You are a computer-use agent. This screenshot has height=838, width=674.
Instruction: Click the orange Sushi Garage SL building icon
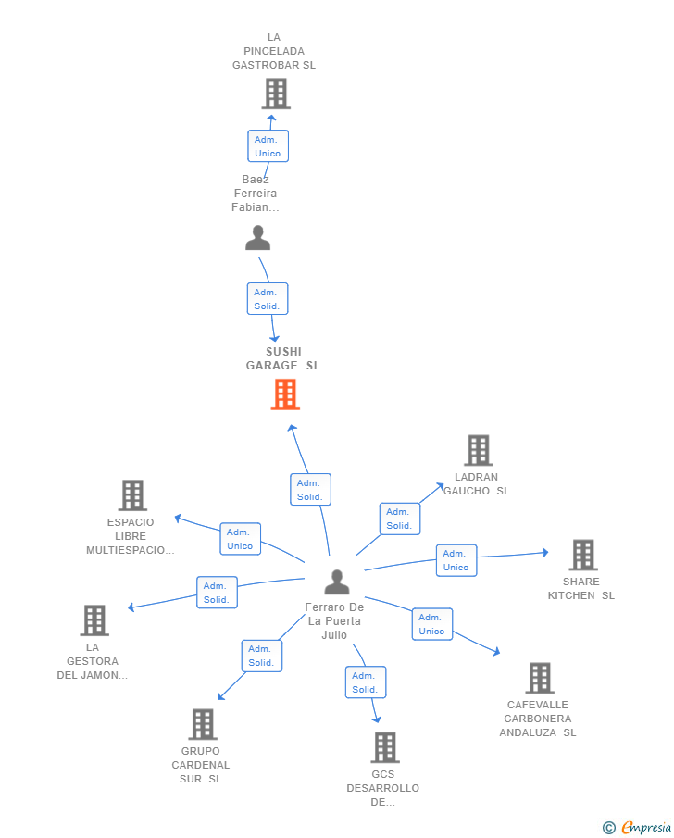285,394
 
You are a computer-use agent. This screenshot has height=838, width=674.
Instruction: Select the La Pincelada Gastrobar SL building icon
275,94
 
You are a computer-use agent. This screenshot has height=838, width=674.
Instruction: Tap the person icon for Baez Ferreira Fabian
257,239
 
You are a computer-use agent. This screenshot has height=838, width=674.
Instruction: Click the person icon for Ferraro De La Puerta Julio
337,582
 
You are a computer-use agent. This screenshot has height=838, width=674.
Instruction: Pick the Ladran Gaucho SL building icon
478,451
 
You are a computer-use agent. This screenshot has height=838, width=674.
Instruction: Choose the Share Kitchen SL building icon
582,556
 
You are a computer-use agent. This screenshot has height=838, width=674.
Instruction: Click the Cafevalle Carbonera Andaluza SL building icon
540,678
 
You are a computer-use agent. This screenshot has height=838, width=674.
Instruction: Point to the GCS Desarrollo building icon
384,747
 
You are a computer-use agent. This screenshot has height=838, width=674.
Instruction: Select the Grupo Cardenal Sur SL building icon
203,724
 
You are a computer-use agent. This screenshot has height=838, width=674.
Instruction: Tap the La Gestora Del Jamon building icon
94,620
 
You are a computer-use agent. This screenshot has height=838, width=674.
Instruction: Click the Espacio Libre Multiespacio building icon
132,495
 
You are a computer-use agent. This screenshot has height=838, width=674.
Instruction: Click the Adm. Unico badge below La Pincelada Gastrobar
268,146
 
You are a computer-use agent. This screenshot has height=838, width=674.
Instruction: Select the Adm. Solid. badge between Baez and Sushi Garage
268,299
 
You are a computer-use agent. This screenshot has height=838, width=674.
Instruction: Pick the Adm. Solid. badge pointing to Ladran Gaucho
399,519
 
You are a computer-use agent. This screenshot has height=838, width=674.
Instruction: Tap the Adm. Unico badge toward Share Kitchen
456,560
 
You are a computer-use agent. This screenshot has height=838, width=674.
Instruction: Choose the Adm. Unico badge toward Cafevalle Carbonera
431,624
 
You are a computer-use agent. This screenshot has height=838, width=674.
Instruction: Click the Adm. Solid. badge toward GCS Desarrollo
365,682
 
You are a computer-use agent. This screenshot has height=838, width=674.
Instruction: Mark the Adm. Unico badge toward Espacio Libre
240,539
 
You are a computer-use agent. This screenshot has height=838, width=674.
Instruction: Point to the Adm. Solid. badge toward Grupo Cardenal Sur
261,656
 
